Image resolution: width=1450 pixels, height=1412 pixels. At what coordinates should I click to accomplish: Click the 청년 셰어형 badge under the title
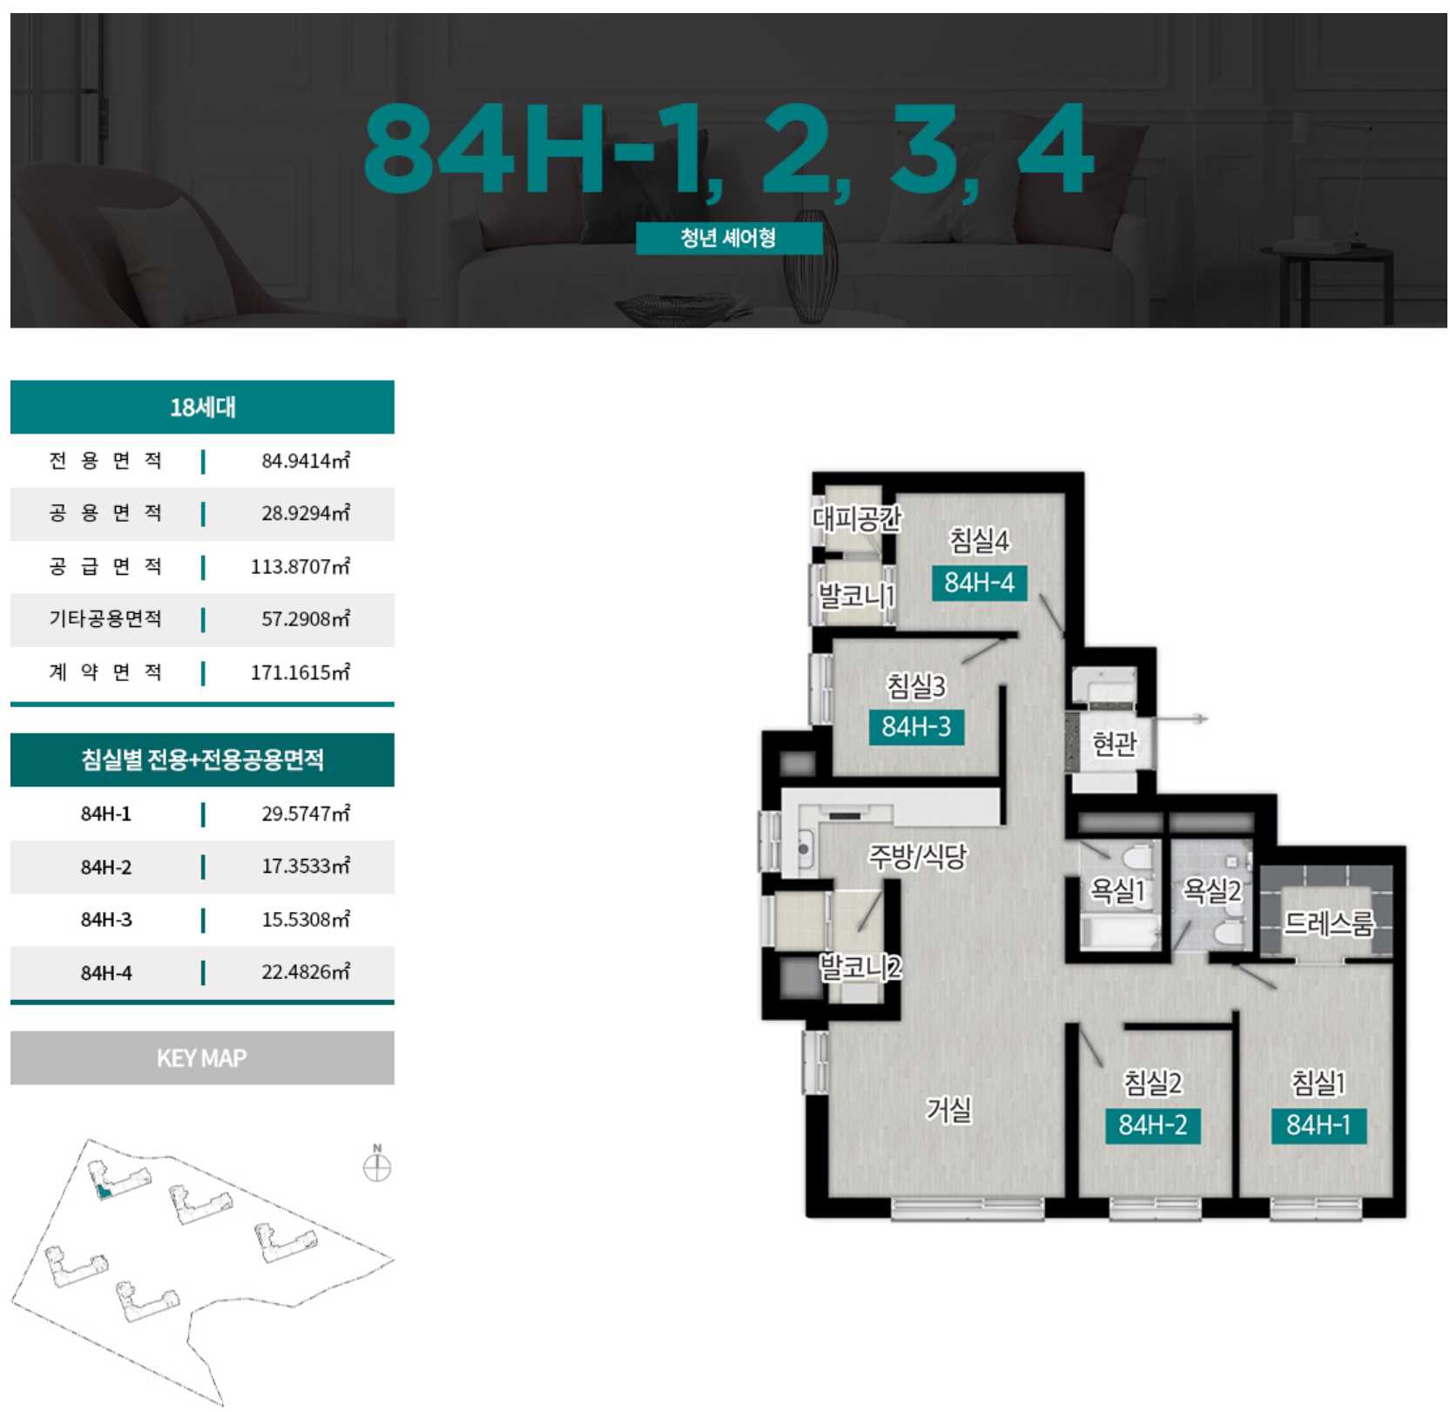[x=729, y=238]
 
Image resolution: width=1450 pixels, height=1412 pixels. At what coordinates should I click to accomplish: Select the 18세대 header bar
[x=202, y=407]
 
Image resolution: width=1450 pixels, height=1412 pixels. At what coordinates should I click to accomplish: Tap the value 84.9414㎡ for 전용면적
[x=306, y=461]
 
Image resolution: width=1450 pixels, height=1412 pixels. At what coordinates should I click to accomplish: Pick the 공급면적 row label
[x=105, y=567]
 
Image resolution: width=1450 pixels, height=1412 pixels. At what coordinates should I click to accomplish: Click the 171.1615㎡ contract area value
[x=300, y=672]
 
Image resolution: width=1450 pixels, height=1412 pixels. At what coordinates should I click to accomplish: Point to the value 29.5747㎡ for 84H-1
[x=306, y=814]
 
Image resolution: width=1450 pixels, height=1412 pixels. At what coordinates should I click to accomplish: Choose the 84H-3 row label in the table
[x=106, y=920]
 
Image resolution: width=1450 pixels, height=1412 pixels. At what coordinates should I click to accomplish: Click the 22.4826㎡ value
[x=306, y=972]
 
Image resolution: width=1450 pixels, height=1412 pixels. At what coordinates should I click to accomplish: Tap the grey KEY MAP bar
[x=202, y=1058]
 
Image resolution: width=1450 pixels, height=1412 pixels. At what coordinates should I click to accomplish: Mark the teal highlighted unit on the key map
[x=104, y=1192]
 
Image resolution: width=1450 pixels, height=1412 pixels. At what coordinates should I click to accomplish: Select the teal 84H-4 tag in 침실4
[x=980, y=583]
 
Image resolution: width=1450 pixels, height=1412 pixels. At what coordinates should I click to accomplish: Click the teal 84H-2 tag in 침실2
[x=1153, y=1125]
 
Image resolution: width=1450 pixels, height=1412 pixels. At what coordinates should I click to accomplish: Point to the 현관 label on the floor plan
[x=1114, y=744]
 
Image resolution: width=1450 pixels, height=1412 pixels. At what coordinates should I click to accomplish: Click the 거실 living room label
[x=948, y=1110]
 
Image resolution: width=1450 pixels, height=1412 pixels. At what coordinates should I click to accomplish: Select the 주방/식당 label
[x=918, y=857]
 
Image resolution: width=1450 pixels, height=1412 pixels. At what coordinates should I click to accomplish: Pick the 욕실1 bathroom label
[x=1117, y=890]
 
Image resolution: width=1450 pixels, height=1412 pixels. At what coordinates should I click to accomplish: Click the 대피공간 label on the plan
[x=857, y=519]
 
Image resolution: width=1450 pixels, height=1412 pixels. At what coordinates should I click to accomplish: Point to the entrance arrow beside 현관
[x=1182, y=719]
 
